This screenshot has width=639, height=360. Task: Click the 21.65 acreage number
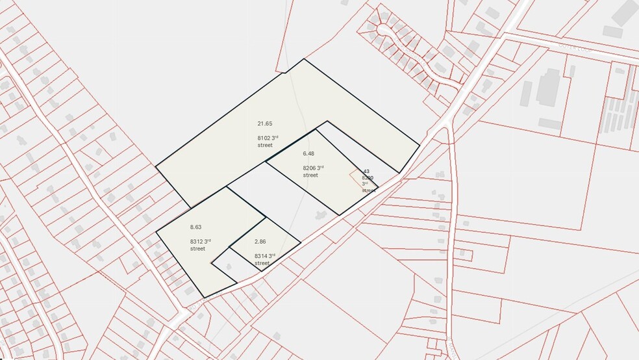264,123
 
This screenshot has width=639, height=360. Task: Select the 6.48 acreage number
308,154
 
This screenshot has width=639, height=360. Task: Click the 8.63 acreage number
196,227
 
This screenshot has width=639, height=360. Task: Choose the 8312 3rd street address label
198,244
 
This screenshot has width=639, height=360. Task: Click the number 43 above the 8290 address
366,172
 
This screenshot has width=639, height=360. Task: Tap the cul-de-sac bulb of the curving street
384,30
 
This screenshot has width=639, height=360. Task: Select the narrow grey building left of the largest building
525,94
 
